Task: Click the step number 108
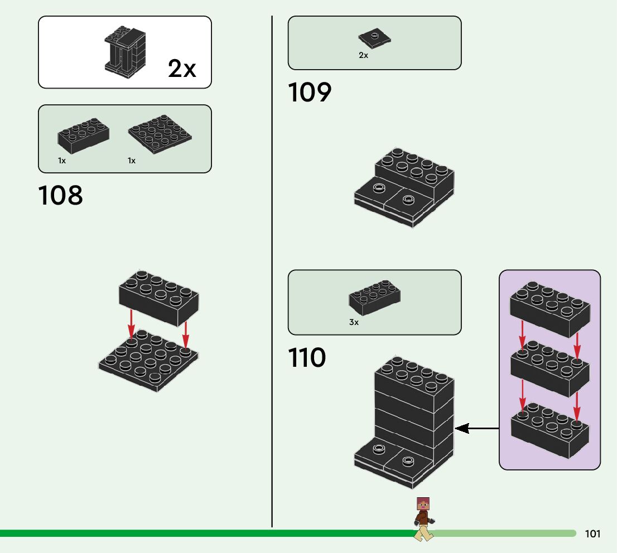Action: pyautogui.click(x=60, y=195)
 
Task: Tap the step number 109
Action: pyautogui.click(x=310, y=93)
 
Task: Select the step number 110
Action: pyautogui.click(x=307, y=357)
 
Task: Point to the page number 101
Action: pyautogui.click(x=592, y=533)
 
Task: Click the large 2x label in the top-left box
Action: pyautogui.click(x=182, y=69)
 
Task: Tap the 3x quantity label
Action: pyautogui.click(x=354, y=322)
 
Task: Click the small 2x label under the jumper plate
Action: pyautogui.click(x=363, y=55)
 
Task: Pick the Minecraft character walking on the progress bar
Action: pyautogui.click(x=423, y=519)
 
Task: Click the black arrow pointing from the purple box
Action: pyautogui.click(x=477, y=428)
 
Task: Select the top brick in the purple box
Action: pyautogui.click(x=549, y=309)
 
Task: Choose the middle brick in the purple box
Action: pyautogui.click(x=549, y=368)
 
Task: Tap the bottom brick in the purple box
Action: pyautogui.click(x=549, y=430)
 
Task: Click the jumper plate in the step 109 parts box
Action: pyautogui.click(x=375, y=38)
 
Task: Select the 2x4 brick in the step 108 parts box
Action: pyautogui.click(x=84, y=135)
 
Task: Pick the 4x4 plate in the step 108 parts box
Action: pyautogui.click(x=160, y=134)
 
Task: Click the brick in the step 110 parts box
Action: pyautogui.click(x=375, y=298)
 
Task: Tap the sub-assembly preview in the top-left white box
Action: pyautogui.click(x=126, y=52)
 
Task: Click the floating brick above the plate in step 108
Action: pyautogui.click(x=158, y=298)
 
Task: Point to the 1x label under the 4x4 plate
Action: pyautogui.click(x=132, y=161)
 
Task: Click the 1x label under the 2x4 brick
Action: pyautogui.click(x=62, y=161)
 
